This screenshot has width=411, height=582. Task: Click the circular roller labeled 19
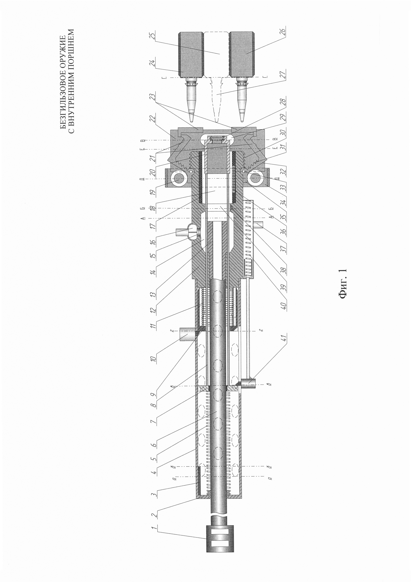point(177,179)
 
